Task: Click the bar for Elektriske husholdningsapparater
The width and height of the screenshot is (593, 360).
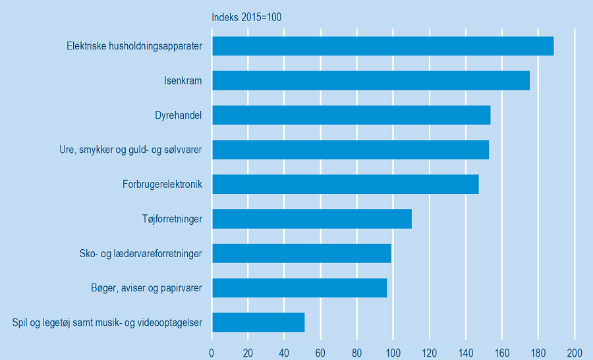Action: point(382,46)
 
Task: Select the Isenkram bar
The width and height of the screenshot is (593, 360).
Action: point(370,80)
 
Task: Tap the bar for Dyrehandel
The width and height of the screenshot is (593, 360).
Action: point(351,115)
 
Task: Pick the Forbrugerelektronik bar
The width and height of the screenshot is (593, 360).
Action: point(345,184)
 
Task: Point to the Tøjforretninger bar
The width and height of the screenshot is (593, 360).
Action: point(312,219)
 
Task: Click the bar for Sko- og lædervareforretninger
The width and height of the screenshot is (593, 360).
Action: point(301,253)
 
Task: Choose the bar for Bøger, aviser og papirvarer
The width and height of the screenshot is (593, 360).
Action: point(299,288)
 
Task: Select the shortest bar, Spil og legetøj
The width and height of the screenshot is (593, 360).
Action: point(258,322)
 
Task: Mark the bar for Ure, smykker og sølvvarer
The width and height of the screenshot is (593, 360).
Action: point(350,150)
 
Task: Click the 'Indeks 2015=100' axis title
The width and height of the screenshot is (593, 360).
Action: point(246,17)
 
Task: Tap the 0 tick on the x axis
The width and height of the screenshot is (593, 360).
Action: point(212,352)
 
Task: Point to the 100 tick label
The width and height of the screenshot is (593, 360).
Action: point(393,352)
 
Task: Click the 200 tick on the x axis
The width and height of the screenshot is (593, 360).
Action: point(575,352)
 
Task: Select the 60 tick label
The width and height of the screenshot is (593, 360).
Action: point(321,352)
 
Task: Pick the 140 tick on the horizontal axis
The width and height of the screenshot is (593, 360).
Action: point(466,352)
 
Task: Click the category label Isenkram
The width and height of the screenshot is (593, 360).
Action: point(183,81)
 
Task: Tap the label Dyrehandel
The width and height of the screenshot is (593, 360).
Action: point(174,115)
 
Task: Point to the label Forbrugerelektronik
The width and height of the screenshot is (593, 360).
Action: point(162,184)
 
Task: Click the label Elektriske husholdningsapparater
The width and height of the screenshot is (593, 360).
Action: point(134,46)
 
